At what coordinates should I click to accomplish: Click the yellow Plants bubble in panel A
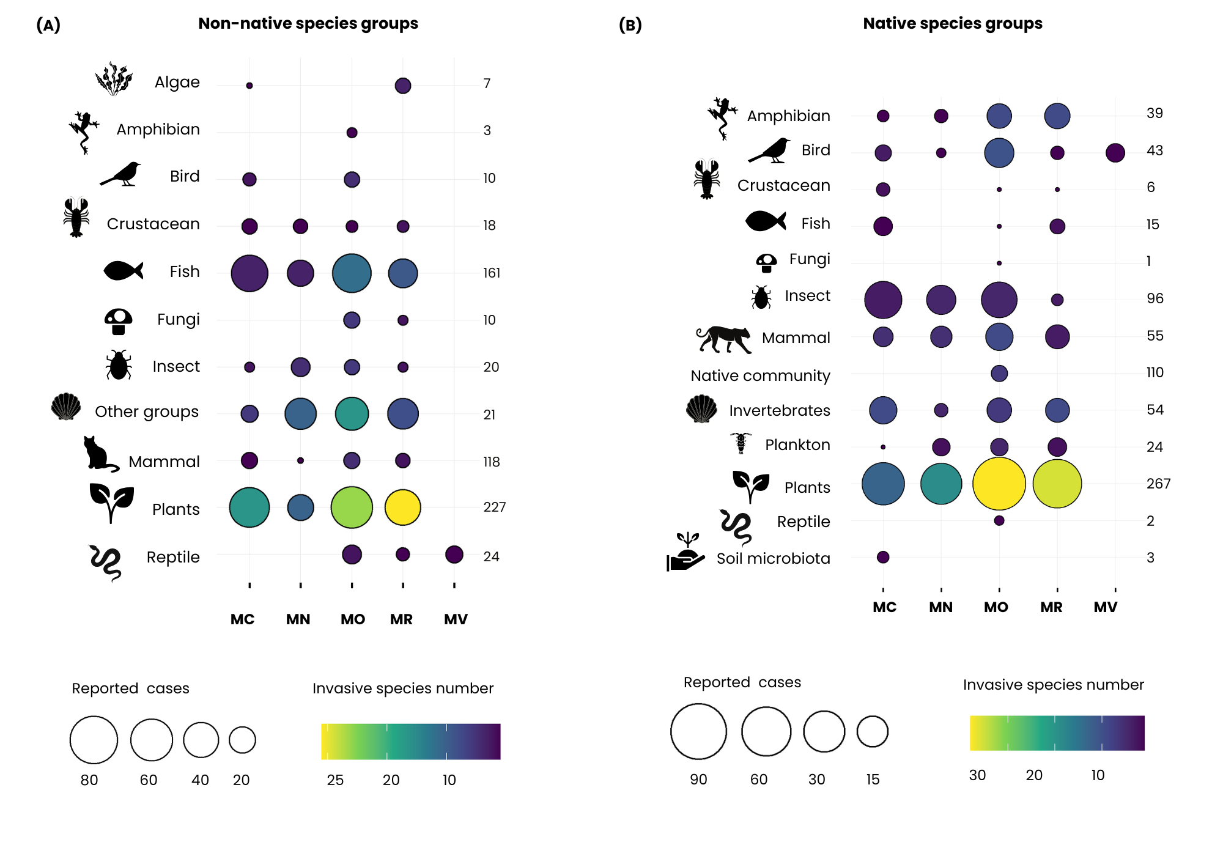pyautogui.click(x=402, y=507)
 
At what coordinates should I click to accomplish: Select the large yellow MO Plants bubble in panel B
pyautogui.click(x=999, y=484)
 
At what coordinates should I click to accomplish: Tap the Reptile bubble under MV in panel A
pyautogui.click(x=454, y=555)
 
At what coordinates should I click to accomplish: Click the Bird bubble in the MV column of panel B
pyautogui.click(x=1115, y=153)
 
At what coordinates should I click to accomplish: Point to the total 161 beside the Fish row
pyautogui.click(x=492, y=273)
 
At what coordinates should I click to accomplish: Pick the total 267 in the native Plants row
pyautogui.click(x=1158, y=484)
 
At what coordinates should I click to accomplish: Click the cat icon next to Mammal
pyautogui.click(x=100, y=454)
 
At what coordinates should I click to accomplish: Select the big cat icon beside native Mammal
pyautogui.click(x=724, y=339)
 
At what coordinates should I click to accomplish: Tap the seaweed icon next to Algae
pyautogui.click(x=114, y=79)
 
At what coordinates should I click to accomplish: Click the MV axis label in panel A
pyautogui.click(x=456, y=619)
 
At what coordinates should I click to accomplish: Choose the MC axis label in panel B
pyautogui.click(x=884, y=607)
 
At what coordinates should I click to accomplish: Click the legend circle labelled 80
pyautogui.click(x=94, y=740)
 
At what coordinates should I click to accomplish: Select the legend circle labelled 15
pyautogui.click(x=872, y=731)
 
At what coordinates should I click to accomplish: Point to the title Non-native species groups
pyautogui.click(x=308, y=23)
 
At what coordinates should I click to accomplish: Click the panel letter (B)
pyautogui.click(x=630, y=25)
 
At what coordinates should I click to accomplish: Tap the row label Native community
pyautogui.click(x=760, y=375)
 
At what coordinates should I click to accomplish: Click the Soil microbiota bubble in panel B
pyautogui.click(x=882, y=557)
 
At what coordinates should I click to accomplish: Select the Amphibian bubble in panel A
pyautogui.click(x=352, y=133)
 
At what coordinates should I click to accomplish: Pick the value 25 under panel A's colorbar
pyautogui.click(x=335, y=780)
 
